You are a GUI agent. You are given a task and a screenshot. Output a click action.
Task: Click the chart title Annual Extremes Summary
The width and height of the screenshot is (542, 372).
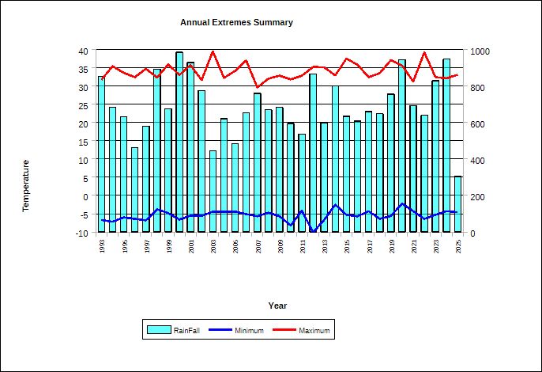pos(236,23)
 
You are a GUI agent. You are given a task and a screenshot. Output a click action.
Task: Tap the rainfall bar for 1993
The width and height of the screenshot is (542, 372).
pos(101,154)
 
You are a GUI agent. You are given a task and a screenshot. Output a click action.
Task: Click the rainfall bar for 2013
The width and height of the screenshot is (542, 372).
pos(324,177)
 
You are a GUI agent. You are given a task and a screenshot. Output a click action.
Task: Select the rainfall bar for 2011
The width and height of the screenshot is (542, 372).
pos(302,183)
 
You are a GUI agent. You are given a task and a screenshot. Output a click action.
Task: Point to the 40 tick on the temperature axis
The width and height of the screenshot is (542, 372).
pos(82,51)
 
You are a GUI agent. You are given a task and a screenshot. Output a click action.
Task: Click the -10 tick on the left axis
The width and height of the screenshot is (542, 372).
pos(81,233)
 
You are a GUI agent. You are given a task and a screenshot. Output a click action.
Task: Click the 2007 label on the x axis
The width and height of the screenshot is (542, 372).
pos(258,246)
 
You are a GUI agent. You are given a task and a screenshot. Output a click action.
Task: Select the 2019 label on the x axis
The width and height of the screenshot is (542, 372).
pos(391,246)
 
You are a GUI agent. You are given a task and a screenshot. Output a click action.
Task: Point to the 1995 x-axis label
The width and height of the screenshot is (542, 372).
pos(124,246)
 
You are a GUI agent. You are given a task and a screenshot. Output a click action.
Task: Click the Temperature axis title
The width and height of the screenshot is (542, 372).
pos(25,186)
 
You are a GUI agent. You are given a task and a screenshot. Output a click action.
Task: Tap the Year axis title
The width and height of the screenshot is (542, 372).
pos(277,306)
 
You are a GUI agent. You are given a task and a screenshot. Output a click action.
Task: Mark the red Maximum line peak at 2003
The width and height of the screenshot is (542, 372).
pos(213,51)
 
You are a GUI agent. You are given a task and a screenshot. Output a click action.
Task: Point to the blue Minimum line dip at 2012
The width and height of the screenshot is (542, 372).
pos(313,232)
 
